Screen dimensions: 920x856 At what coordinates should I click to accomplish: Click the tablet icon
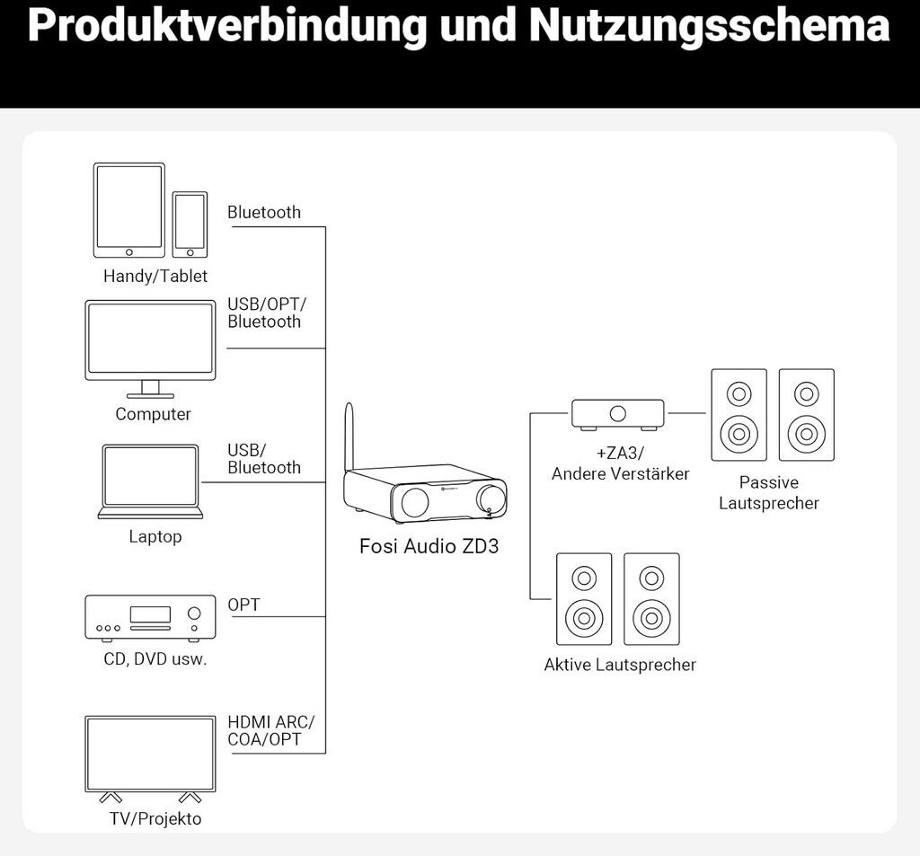(x=129, y=210)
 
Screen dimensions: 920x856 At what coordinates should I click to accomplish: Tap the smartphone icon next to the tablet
(x=190, y=225)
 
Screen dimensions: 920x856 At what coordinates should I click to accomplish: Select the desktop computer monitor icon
(x=150, y=349)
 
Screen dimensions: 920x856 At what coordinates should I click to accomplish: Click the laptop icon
(x=150, y=481)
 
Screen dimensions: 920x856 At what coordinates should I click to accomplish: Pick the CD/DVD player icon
(x=150, y=618)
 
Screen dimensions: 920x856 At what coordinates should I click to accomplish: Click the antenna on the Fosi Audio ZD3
(x=349, y=436)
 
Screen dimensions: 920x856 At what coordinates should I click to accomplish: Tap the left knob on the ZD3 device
(x=414, y=501)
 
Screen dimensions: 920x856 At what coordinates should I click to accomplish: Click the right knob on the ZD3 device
(x=491, y=499)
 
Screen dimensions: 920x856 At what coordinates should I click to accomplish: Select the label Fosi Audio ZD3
(x=429, y=546)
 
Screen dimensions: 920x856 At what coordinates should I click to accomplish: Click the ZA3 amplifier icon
(x=618, y=415)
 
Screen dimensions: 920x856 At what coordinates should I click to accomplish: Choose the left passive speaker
(x=739, y=415)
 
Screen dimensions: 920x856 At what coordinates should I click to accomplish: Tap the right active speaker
(x=652, y=599)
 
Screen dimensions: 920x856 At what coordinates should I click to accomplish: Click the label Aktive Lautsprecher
(x=620, y=665)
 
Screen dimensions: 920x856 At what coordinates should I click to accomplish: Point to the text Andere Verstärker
(x=620, y=473)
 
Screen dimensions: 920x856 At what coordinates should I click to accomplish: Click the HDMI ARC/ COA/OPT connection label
(x=270, y=730)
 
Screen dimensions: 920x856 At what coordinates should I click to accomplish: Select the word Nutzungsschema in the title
(x=710, y=25)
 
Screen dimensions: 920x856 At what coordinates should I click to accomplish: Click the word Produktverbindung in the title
(x=227, y=25)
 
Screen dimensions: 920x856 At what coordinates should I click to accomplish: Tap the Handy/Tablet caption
(x=155, y=276)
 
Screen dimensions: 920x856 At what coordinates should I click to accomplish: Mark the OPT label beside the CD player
(x=243, y=604)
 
